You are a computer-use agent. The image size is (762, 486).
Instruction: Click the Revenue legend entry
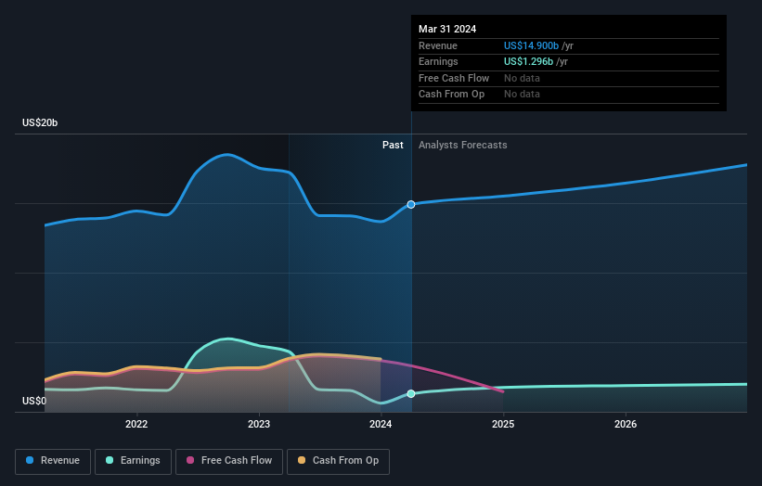(53, 460)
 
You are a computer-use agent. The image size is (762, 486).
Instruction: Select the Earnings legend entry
(133, 460)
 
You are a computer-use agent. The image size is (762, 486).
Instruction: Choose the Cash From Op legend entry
(338, 460)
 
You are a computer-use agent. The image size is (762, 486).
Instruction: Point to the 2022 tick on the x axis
(136, 425)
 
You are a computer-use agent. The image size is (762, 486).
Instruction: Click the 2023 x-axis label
(259, 425)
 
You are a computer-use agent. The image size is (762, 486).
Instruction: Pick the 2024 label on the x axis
(381, 425)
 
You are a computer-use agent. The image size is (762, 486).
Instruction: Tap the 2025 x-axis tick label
(503, 425)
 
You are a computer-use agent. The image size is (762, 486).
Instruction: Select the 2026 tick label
(626, 425)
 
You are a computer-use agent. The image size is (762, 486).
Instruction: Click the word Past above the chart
(393, 145)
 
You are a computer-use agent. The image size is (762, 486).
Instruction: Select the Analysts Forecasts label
(462, 145)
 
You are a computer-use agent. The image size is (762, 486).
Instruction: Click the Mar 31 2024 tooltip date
(447, 29)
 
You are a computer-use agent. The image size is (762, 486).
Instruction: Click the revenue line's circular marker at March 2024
(411, 204)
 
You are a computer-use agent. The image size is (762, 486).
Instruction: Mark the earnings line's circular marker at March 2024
(411, 393)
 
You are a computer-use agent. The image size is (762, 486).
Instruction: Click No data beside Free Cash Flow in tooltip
(522, 78)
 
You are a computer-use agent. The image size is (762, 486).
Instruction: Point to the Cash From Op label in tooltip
(452, 94)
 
